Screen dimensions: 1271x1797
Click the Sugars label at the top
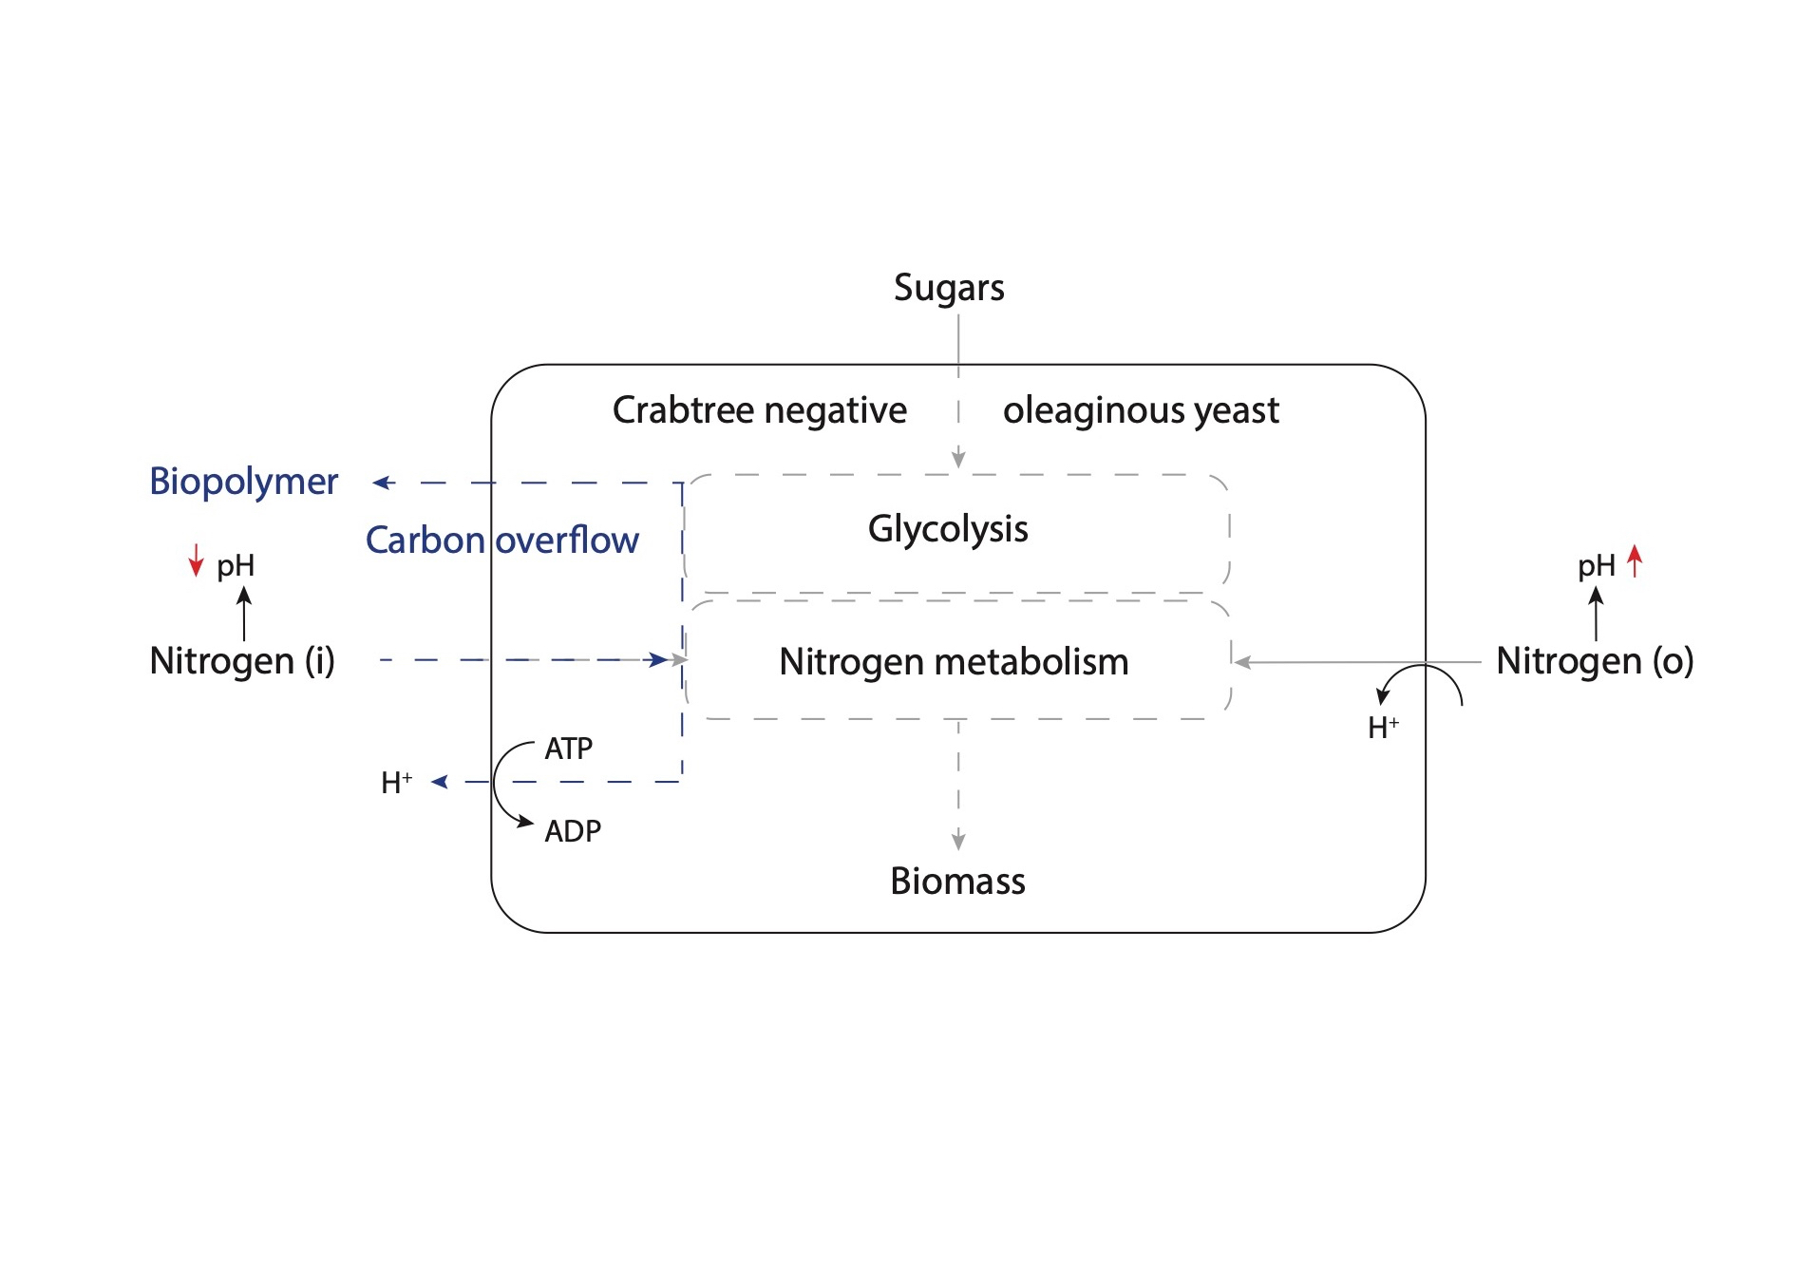coord(948,288)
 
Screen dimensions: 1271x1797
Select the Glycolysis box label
coord(948,529)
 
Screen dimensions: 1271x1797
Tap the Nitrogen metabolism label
coord(954,662)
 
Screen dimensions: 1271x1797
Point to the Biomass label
coord(957,882)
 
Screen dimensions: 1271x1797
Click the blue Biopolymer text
coord(243,482)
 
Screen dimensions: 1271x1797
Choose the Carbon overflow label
coord(501,541)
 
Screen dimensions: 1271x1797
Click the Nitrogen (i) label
coord(242,661)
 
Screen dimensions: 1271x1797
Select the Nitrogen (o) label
coord(1595,661)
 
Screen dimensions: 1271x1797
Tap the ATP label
coord(568,749)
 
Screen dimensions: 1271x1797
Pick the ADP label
coord(573,831)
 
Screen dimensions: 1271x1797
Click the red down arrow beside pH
coord(196,560)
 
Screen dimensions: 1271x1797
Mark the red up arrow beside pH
coord(1635,560)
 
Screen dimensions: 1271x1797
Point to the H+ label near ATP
coord(396,783)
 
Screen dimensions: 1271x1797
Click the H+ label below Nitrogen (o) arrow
coord(1383,728)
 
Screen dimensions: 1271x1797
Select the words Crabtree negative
coord(759,410)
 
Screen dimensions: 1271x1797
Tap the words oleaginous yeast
coord(1141,410)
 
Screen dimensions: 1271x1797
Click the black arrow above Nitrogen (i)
coord(244,613)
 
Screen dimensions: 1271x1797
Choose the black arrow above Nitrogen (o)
coord(1596,613)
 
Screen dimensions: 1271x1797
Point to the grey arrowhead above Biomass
coord(958,840)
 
